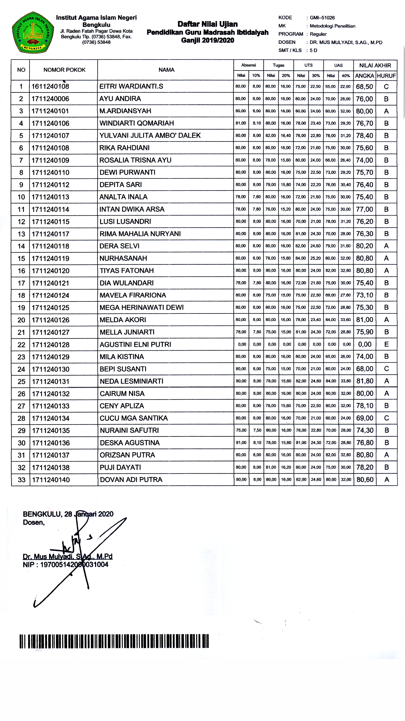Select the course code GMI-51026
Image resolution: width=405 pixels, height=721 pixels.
(x=322, y=18)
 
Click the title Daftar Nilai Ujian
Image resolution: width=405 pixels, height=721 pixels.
(x=207, y=24)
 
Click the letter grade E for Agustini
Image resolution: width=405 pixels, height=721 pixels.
(x=386, y=344)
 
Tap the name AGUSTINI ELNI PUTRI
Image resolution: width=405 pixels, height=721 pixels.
(x=135, y=345)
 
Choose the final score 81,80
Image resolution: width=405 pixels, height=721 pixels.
(x=364, y=381)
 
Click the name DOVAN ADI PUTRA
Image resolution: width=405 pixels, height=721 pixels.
(x=131, y=480)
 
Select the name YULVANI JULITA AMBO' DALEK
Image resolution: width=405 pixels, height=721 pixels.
(x=150, y=135)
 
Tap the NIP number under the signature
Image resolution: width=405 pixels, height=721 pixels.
(x=74, y=565)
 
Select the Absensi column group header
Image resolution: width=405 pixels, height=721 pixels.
(x=249, y=65)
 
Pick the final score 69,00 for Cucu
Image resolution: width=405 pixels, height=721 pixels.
(x=364, y=418)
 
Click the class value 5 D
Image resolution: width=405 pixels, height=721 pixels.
(x=313, y=50)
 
